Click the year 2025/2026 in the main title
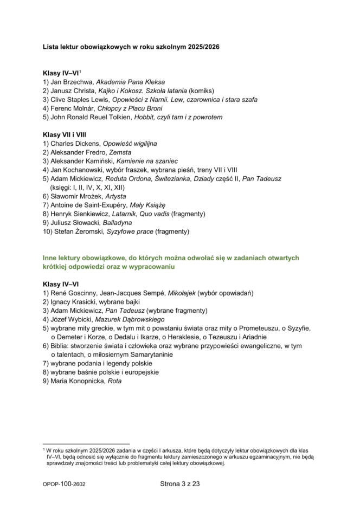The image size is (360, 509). pyautogui.click(x=204, y=47)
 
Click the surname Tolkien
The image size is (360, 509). pyautogui.click(x=114, y=117)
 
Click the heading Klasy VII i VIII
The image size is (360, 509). pyautogui.click(x=65, y=134)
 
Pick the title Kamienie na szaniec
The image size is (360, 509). pyautogui.click(x=147, y=161)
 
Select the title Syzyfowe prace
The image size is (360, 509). pyautogui.click(x=130, y=231)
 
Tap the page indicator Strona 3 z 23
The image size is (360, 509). pyautogui.click(x=180, y=484)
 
